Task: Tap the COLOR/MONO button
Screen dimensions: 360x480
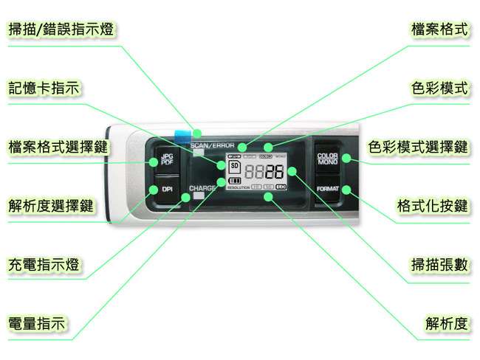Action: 327,159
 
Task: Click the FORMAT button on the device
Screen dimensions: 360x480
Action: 327,189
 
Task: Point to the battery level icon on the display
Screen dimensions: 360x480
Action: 236,181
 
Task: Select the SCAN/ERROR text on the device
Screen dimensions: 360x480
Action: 213,145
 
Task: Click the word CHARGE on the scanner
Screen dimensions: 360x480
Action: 203,189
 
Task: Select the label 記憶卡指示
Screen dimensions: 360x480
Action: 44,88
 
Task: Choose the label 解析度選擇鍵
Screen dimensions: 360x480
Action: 51,205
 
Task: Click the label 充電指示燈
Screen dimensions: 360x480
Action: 44,264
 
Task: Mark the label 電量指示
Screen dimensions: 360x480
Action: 36,323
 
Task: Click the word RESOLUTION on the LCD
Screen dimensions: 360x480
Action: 239,188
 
